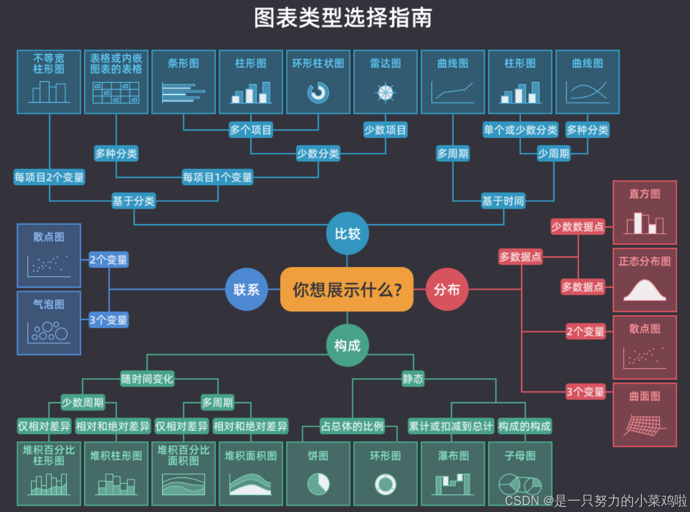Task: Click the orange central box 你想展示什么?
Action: (x=347, y=289)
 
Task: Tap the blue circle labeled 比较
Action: (x=347, y=234)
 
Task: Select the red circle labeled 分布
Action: (x=447, y=289)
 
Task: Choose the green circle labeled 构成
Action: (x=347, y=346)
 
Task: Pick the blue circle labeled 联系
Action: (x=246, y=289)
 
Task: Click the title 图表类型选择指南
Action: (x=343, y=18)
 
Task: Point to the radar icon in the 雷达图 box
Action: (x=385, y=92)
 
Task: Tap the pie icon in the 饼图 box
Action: (x=318, y=484)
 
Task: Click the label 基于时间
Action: (x=503, y=201)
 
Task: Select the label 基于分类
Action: (x=133, y=201)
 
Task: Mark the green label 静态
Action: (x=413, y=379)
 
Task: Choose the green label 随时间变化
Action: (x=147, y=379)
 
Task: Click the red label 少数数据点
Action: (x=577, y=226)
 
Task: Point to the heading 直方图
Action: (x=644, y=194)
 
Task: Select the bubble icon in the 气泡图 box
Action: (x=49, y=332)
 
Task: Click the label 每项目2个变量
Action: (x=49, y=177)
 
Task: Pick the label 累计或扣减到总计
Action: (x=450, y=427)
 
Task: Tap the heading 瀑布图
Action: (x=453, y=456)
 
